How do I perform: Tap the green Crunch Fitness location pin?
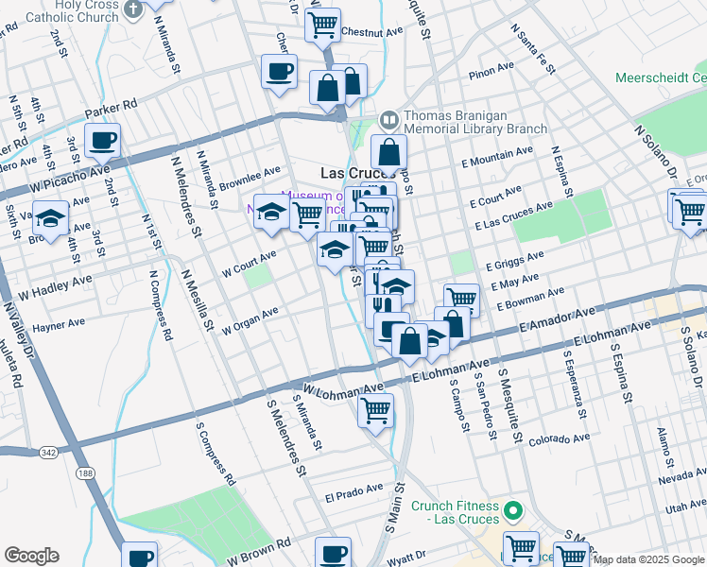click(x=514, y=511)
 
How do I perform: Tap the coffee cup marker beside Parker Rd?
click(x=102, y=142)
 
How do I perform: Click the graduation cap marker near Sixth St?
click(x=50, y=217)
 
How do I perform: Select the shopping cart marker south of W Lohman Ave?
click(x=375, y=411)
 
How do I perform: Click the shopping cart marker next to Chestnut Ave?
click(x=322, y=25)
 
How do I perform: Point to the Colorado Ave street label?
click(x=559, y=439)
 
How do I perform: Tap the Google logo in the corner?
click(x=31, y=556)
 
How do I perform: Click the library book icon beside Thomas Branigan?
click(x=388, y=120)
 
